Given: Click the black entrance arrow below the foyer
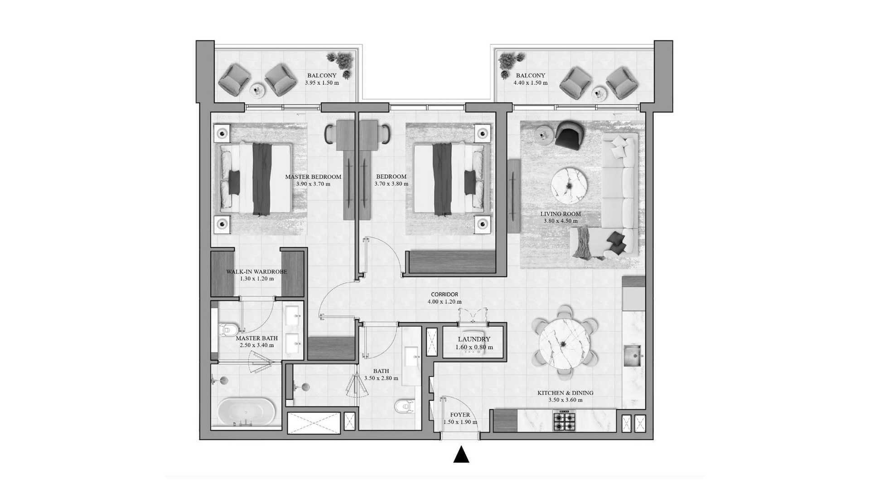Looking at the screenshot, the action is point(461,455).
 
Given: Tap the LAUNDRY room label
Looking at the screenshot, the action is point(474,339).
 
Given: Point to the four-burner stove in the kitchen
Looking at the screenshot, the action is point(564,421).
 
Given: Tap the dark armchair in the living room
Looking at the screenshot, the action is point(570,135).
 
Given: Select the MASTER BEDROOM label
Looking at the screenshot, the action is point(313,177).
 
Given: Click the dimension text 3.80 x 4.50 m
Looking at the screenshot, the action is point(561,221).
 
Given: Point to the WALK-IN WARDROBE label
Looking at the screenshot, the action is point(256,272).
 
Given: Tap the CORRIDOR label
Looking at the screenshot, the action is point(445,294).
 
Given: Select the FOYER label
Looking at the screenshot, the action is point(460,415).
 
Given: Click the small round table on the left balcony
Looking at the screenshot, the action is point(257,90).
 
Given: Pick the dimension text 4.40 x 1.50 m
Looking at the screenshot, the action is point(530,83).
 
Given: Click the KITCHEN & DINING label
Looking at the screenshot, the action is point(565,393).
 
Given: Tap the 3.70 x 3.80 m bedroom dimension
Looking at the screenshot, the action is point(391,184).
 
